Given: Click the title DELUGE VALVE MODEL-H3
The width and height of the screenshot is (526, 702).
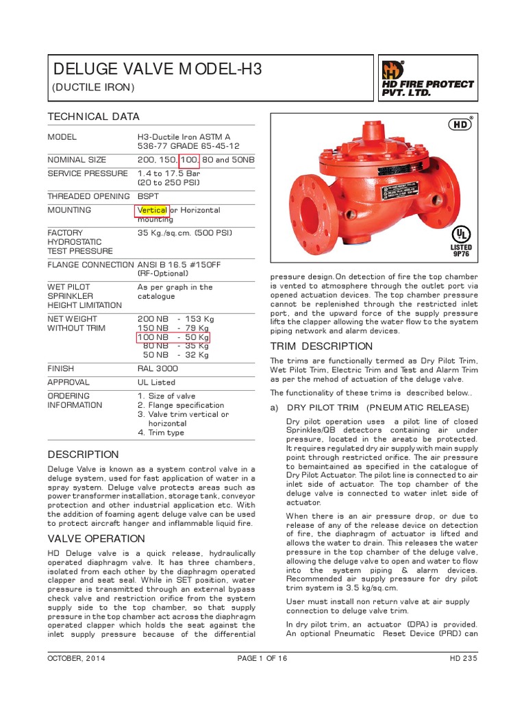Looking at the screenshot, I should click(x=158, y=69).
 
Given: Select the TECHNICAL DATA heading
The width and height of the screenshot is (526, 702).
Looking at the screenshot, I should click(x=93, y=117).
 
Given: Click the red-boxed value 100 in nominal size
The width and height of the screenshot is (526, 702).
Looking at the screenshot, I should click(x=189, y=160).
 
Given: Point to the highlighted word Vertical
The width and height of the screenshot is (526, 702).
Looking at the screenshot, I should click(x=152, y=210).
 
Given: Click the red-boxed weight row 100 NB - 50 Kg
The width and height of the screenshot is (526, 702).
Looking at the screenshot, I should click(x=173, y=337).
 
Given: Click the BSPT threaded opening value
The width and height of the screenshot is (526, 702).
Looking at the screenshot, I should click(x=149, y=196).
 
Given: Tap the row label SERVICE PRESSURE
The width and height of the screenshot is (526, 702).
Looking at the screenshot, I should click(x=87, y=173).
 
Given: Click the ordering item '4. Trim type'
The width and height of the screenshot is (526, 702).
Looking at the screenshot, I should click(x=161, y=433).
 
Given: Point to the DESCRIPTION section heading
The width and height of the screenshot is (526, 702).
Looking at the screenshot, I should click(x=83, y=455).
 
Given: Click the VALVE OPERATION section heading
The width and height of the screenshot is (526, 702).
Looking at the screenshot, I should click(x=96, y=539).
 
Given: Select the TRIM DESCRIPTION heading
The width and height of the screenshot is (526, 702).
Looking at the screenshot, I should click(x=321, y=346).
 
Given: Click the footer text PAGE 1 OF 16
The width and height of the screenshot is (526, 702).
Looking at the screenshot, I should click(x=262, y=659).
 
